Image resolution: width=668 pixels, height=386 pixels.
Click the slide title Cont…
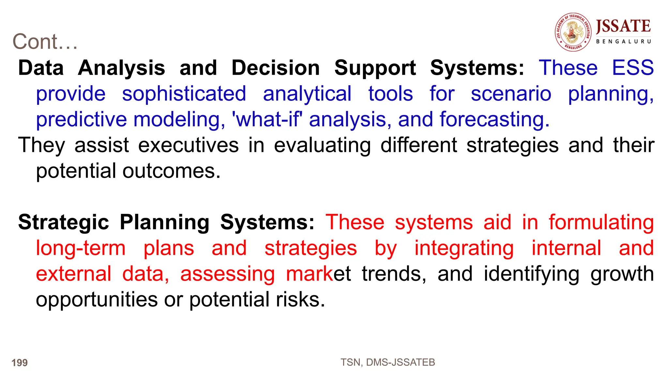pos(45,42)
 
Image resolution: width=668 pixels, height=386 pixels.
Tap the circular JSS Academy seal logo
pos(573,32)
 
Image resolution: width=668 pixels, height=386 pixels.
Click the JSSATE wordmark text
pos(623,26)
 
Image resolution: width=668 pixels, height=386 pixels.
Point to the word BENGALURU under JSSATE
pos(623,41)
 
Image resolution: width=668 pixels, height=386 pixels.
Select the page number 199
pos(20,362)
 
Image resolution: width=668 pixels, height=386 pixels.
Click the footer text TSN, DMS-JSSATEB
pos(387,362)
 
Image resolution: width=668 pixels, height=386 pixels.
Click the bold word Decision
pos(276,68)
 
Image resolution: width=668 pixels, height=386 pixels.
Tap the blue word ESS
pos(632,68)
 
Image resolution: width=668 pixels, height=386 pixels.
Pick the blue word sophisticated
pos(184,94)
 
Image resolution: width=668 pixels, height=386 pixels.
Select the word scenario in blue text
pos(511,94)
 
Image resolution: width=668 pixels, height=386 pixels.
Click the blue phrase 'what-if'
pos(266,119)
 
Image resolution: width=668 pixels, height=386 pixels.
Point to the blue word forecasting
pos(494,119)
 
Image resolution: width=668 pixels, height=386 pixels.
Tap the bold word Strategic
pos(63,222)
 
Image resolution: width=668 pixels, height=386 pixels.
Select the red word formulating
pos(601,222)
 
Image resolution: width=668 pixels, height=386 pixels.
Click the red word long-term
pos(81,248)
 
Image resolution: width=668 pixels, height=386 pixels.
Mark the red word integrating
pos(464,248)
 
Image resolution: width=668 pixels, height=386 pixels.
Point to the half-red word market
pos(318,274)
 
